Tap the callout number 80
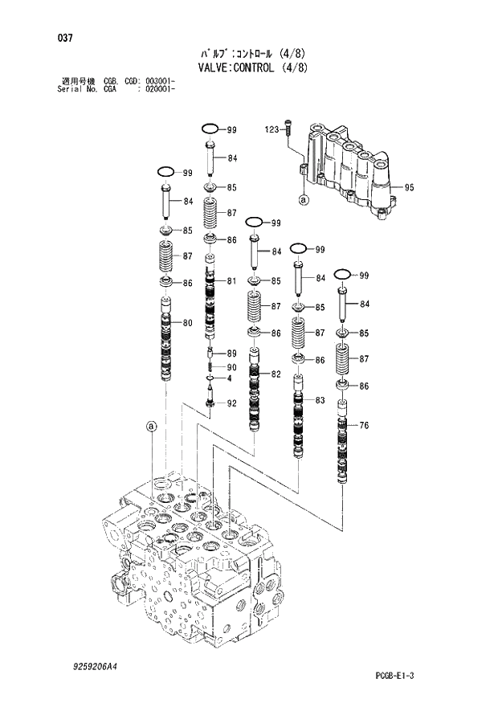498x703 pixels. [187, 324]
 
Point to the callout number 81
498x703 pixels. [231, 280]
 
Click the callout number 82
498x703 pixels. [276, 374]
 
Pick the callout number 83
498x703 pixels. [320, 400]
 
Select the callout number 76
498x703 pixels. [364, 426]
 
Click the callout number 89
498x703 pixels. [231, 354]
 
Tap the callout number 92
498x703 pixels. [231, 403]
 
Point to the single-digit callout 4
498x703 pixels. [229, 378]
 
